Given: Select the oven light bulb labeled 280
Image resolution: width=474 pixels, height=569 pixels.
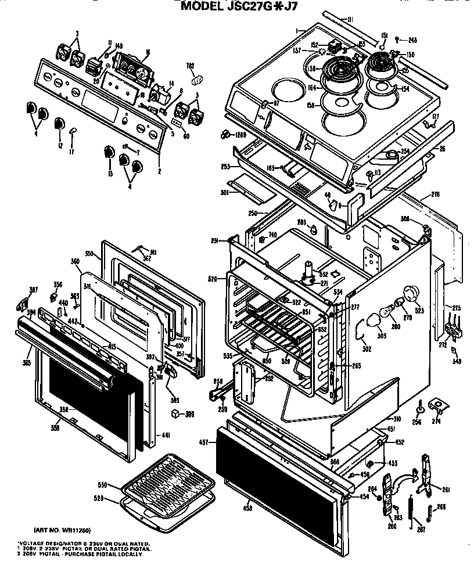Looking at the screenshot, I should [x=383, y=314].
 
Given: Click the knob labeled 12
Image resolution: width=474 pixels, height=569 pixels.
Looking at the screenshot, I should [x=59, y=124].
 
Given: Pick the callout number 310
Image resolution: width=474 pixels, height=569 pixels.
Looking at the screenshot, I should [x=397, y=419].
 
